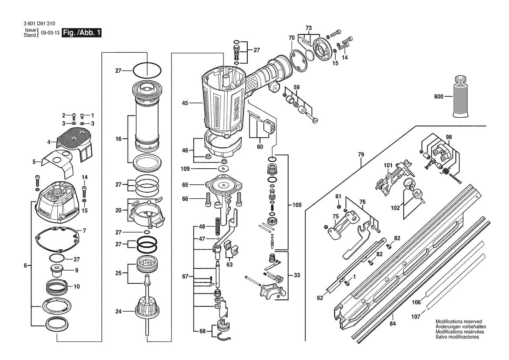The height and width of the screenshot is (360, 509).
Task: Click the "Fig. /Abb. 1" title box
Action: (82, 33)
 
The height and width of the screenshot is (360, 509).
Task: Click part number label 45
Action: (185, 103)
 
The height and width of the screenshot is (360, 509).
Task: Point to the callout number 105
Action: (297, 204)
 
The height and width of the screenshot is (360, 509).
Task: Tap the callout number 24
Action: (118, 311)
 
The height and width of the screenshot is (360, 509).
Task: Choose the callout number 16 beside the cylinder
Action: (118, 139)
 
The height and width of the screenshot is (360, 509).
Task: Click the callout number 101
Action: (388, 165)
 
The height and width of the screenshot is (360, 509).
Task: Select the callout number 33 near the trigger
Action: (297, 275)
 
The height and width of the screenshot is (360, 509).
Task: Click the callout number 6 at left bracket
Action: (25, 265)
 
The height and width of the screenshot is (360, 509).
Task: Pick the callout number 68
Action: (190, 331)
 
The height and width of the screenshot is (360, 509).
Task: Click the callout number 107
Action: (416, 317)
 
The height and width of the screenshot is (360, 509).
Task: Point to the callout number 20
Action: (118, 210)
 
